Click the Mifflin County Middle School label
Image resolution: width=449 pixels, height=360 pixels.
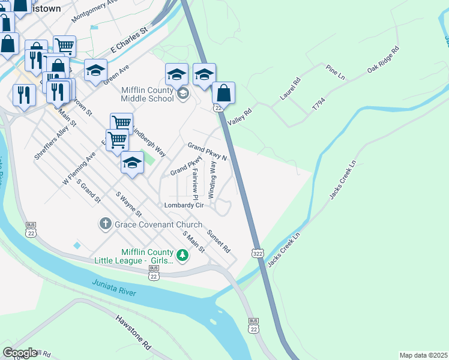pos(147,94)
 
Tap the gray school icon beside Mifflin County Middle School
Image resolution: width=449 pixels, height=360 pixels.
pos(183,94)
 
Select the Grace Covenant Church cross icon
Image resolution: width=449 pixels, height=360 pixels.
pos(105,224)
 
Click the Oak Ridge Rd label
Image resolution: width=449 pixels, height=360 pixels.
pos(384,61)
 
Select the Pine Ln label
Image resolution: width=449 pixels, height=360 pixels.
pos(335,73)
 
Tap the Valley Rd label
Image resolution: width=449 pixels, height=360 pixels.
pos(239,109)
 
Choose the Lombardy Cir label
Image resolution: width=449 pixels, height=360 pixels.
pos(185,205)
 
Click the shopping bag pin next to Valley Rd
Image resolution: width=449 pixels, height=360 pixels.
pos(223,94)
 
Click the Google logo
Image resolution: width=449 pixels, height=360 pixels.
pos(20,353)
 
